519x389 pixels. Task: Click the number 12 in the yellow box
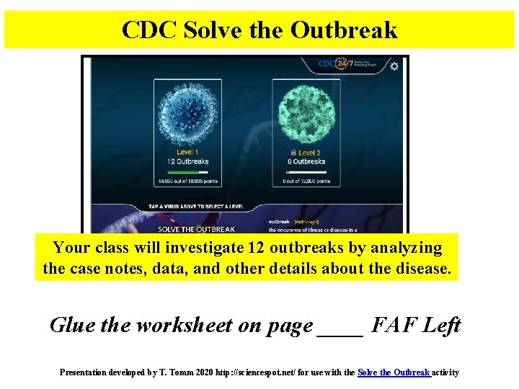coord(254,249)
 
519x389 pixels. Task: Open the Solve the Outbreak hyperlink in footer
coord(394,372)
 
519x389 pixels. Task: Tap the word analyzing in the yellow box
coord(405,249)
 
